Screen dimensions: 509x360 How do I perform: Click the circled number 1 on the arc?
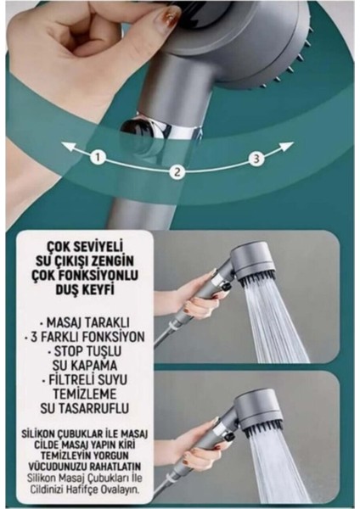(98, 157)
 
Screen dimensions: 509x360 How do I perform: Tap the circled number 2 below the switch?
(177, 172)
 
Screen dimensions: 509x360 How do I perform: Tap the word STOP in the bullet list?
(73, 351)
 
